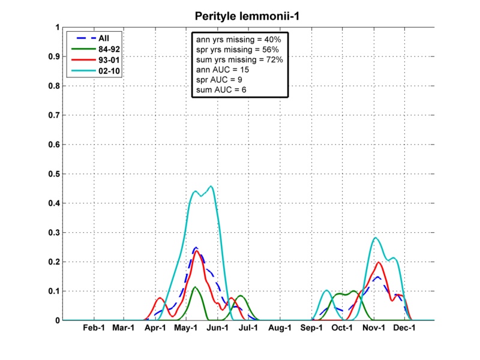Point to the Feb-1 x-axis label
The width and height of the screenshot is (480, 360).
coord(94,328)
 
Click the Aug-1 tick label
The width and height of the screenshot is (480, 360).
coord(280,328)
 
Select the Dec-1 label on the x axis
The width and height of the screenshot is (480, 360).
coord(404,328)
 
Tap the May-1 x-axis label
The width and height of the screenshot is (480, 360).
coord(187,328)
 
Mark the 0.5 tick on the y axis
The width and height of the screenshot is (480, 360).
coord(53,174)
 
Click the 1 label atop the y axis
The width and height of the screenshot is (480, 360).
coord(57,28)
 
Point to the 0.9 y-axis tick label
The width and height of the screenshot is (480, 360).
coord(53,57)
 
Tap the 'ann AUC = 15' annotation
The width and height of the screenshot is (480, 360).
coord(220,70)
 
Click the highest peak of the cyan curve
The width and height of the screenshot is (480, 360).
coord(211,186)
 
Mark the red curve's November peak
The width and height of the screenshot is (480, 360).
coord(379,262)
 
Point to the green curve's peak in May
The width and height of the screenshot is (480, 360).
coord(195,287)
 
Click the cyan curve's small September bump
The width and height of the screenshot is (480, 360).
coord(326,291)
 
